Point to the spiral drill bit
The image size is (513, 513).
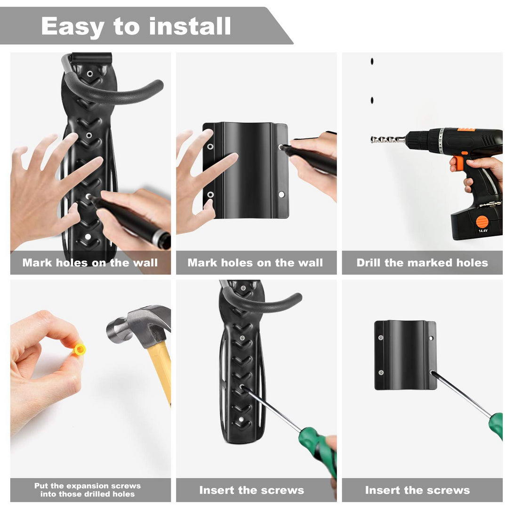click(387, 139)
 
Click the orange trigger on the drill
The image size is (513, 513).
click(459, 162)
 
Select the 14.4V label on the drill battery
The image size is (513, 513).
click(482, 231)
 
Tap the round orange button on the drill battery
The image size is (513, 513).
click(482, 221)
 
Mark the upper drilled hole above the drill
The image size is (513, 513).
click(372, 61)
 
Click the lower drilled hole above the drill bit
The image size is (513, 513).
click(372, 100)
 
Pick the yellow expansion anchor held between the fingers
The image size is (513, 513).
click(80, 349)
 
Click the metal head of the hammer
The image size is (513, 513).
click(136, 325)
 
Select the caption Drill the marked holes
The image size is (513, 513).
click(422, 263)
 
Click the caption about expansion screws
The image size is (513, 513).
click(88, 490)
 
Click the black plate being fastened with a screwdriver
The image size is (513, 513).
click(405, 355)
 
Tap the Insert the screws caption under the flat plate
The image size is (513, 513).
click(417, 490)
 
